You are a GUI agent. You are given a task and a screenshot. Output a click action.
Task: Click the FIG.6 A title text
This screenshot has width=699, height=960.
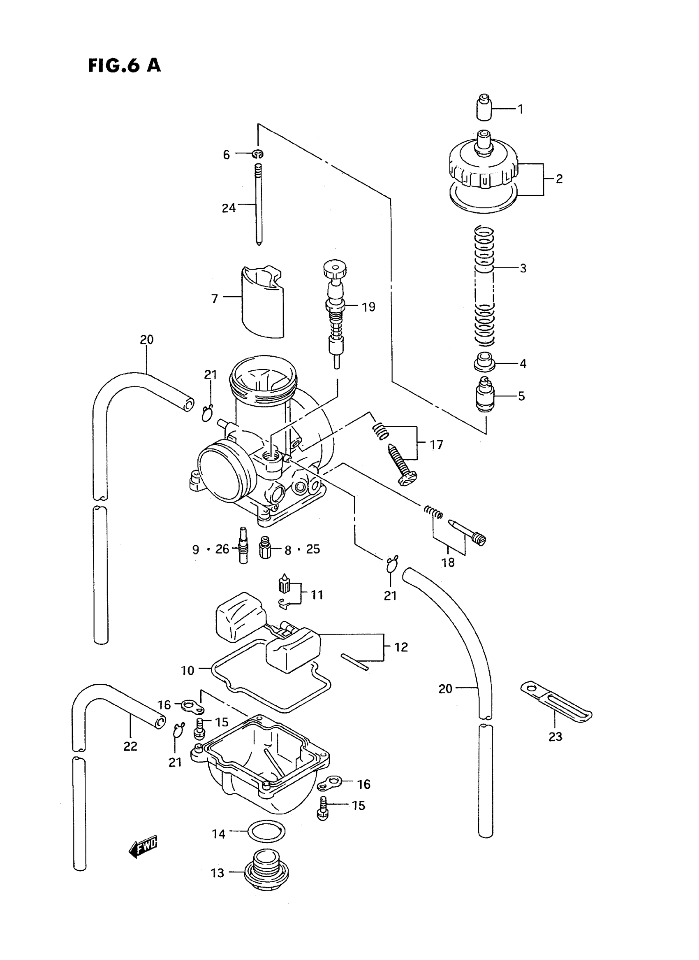click(x=125, y=66)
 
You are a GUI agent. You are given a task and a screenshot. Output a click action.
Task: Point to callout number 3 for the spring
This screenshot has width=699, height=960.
click(x=523, y=268)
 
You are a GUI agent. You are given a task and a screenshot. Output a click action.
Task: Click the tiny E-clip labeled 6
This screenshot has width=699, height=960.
click(x=258, y=154)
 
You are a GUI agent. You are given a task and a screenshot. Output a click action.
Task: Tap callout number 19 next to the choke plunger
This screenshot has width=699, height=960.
click(x=368, y=307)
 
